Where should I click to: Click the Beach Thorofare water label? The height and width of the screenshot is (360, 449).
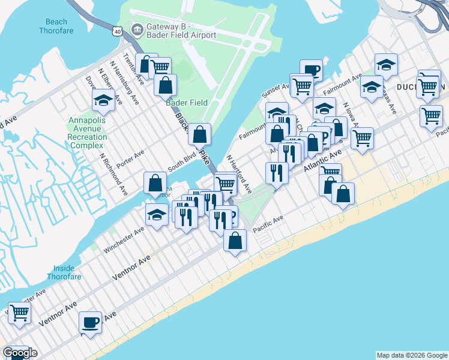pyautogui.click(x=53, y=26)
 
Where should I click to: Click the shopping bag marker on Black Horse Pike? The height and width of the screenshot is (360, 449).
pyautogui.click(x=200, y=134)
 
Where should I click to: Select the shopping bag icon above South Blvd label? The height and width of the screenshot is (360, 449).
pyautogui.click(x=155, y=182)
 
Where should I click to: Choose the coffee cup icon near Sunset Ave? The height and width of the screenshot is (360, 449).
pyautogui.click(x=311, y=70)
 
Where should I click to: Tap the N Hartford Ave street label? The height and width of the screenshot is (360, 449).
pyautogui.click(x=239, y=174)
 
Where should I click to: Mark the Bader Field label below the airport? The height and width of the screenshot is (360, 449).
pyautogui.click(x=187, y=103)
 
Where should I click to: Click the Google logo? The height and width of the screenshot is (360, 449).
pyautogui.click(x=20, y=353)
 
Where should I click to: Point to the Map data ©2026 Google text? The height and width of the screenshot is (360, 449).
pyautogui.click(x=411, y=355)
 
